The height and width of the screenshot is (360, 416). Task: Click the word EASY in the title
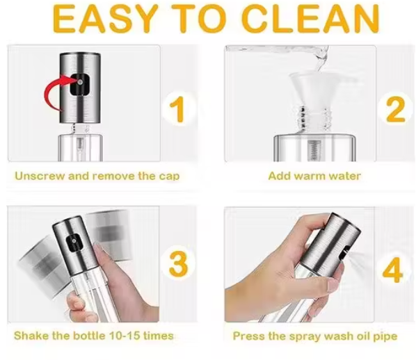tap(106, 19)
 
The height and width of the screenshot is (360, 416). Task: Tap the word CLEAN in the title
tap(311, 19)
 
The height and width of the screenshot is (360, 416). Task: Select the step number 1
tap(177, 109)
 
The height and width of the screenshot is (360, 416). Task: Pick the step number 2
tap(395, 109)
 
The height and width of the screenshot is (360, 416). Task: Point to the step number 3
tap(178, 264)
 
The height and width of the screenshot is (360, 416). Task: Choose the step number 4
tap(392, 269)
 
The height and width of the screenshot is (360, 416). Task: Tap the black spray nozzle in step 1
tap(79, 84)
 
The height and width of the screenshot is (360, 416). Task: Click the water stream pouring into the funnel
tap(320, 58)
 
